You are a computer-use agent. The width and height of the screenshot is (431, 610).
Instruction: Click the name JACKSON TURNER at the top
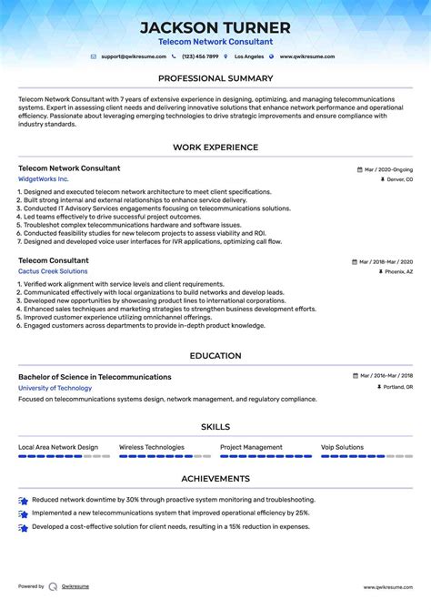(x=215, y=27)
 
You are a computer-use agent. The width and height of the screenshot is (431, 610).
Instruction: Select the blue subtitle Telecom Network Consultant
(x=215, y=42)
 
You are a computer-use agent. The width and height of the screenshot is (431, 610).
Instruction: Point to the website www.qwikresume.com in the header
(x=306, y=56)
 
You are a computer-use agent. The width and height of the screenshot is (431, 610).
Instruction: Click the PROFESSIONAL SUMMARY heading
(x=215, y=79)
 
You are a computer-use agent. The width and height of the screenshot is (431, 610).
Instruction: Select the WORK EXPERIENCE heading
(x=215, y=147)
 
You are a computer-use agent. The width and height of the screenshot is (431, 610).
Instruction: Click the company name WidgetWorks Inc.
(x=43, y=179)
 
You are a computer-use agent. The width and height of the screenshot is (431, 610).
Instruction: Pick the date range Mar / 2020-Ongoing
(x=388, y=169)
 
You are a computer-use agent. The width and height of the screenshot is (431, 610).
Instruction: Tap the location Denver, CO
(x=398, y=180)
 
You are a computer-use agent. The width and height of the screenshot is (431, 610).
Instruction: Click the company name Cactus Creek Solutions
(x=53, y=271)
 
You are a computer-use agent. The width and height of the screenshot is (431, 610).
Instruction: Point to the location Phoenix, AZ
(x=397, y=272)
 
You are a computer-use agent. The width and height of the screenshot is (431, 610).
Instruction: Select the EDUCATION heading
(x=215, y=356)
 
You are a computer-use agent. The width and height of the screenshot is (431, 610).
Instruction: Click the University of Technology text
(x=55, y=388)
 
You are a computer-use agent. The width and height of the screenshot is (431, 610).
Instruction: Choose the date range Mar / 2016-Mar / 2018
(x=386, y=377)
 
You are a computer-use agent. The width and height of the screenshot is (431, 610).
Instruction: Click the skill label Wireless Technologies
(x=151, y=447)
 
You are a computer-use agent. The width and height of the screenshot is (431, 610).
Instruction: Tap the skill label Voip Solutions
(x=342, y=447)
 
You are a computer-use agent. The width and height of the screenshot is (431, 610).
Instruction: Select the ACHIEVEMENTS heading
(x=215, y=479)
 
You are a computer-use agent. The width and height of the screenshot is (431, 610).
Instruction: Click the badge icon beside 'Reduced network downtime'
(x=23, y=500)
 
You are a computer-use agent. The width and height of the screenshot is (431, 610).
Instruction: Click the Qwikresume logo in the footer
(x=54, y=587)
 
